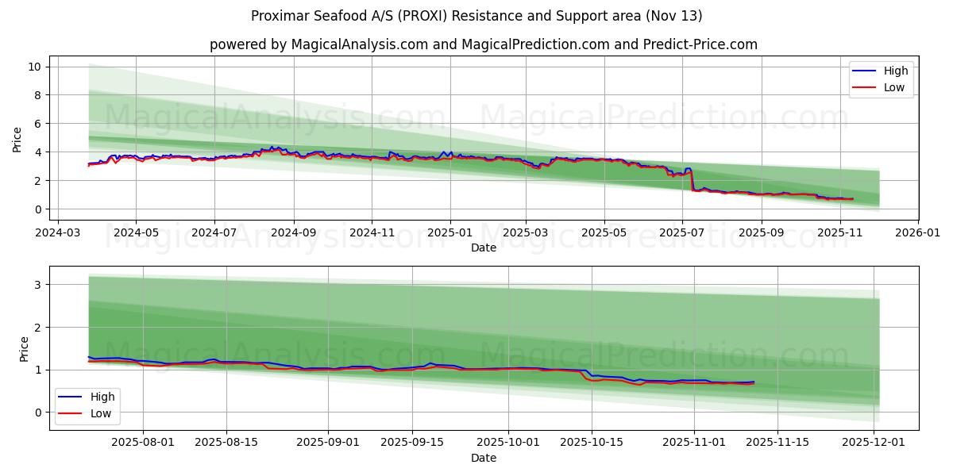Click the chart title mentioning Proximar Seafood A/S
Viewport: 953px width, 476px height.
pyautogui.click(x=476, y=16)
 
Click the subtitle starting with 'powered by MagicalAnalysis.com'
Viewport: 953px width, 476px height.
pyautogui.click(x=483, y=44)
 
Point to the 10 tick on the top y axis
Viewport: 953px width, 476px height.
pyautogui.click(x=35, y=67)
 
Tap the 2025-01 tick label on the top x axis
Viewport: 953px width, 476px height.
pyautogui.click(x=449, y=233)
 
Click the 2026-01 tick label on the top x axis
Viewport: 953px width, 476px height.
pyautogui.click(x=917, y=233)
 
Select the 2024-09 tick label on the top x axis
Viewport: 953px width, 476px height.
pyautogui.click(x=293, y=233)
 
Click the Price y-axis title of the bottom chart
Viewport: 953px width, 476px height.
pyautogui.click(x=23, y=348)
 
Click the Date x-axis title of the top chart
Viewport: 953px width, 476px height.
pyautogui.click(x=483, y=248)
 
